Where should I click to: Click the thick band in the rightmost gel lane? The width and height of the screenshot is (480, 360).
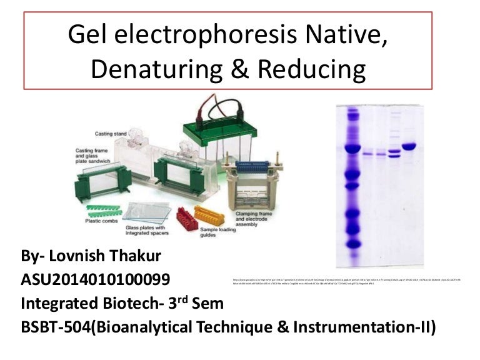tap(409, 147)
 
